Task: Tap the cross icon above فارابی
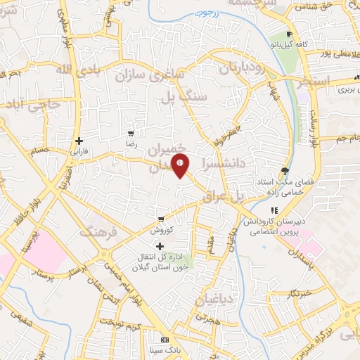coord(79,141)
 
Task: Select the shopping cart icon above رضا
coord(131,133)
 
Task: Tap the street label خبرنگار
coord(300,293)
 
